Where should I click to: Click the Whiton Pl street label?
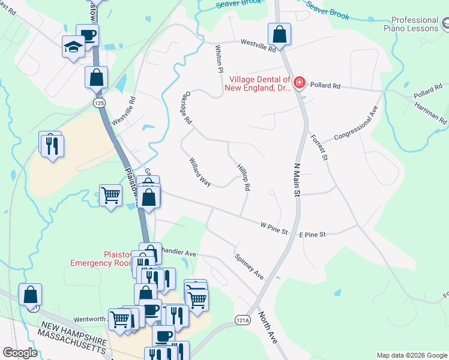[219, 60]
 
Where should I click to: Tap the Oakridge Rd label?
[185, 109]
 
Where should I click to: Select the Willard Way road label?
[199, 172]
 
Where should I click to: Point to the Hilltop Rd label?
[243, 178]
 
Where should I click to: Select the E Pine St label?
[312, 234]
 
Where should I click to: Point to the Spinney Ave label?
[249, 266]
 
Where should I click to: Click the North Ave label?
[268, 326]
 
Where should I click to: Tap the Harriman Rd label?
[430, 112]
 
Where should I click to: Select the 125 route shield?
[100, 103]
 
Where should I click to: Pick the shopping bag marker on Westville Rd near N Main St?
[279, 34]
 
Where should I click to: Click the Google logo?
[20, 353]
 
